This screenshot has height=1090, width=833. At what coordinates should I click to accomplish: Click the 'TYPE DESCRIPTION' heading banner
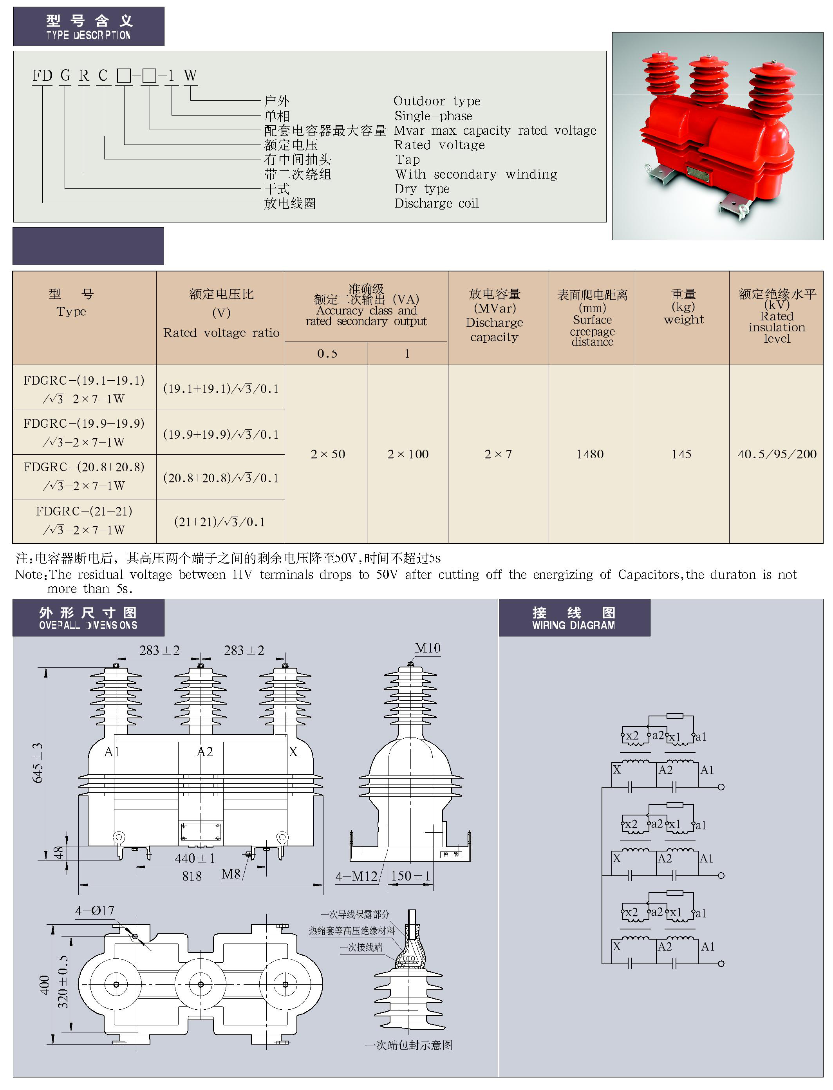(x=88, y=27)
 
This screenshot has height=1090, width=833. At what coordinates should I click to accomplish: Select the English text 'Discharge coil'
(x=436, y=203)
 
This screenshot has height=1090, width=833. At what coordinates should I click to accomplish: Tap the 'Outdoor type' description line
(x=437, y=101)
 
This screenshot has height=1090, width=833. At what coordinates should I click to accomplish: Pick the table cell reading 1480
(x=590, y=454)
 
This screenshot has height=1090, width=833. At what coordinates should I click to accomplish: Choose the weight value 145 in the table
(x=681, y=454)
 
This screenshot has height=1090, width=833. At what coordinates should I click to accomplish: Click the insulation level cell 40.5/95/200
(x=777, y=454)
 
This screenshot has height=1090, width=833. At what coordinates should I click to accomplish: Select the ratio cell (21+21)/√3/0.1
(x=220, y=522)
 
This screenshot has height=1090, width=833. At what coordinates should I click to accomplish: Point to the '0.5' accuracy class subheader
(x=327, y=354)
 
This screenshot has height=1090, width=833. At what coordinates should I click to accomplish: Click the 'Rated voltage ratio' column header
(x=221, y=333)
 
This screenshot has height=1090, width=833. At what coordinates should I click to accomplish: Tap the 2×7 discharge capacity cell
(x=498, y=454)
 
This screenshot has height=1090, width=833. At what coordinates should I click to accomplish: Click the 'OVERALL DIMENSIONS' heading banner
(x=88, y=618)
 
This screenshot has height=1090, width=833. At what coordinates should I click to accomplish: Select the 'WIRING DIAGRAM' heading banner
(x=574, y=618)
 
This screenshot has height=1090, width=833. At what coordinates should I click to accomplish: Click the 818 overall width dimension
(x=192, y=876)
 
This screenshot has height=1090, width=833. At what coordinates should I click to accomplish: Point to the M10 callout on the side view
(x=427, y=648)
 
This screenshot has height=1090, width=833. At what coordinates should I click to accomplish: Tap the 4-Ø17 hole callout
(x=95, y=911)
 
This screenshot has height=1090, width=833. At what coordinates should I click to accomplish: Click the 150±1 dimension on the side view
(x=410, y=876)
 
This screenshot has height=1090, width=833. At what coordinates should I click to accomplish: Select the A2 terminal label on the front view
(x=205, y=752)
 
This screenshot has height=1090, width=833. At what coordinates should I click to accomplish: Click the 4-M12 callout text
(x=356, y=876)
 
